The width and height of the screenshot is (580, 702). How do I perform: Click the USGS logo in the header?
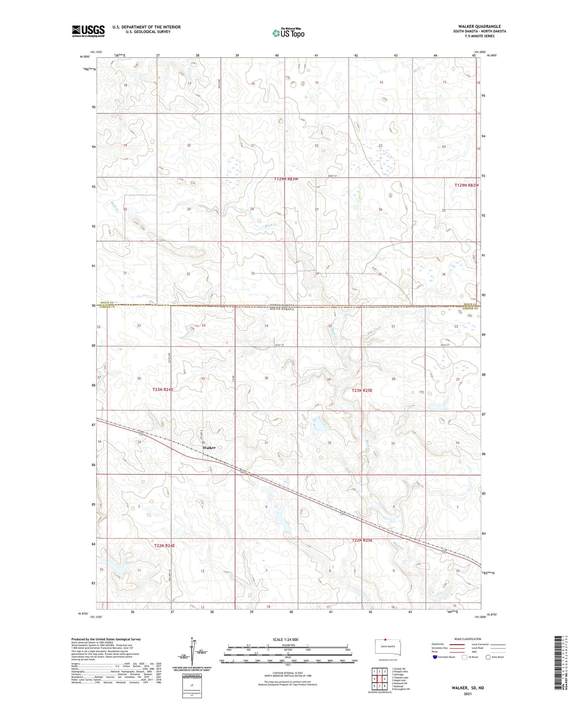click(x=88, y=31)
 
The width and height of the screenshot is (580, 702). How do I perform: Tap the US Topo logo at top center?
click(x=288, y=33)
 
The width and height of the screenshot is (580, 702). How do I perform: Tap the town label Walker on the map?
click(x=209, y=448)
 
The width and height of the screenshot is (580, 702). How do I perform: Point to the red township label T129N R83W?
click(x=286, y=179)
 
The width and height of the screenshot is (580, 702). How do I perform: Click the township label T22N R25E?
click(x=362, y=540)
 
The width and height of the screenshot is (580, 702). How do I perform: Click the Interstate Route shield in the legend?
click(x=435, y=657)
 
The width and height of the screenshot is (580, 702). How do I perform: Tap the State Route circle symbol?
click(x=488, y=657)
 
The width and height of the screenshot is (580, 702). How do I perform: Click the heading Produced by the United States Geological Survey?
click(x=106, y=639)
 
